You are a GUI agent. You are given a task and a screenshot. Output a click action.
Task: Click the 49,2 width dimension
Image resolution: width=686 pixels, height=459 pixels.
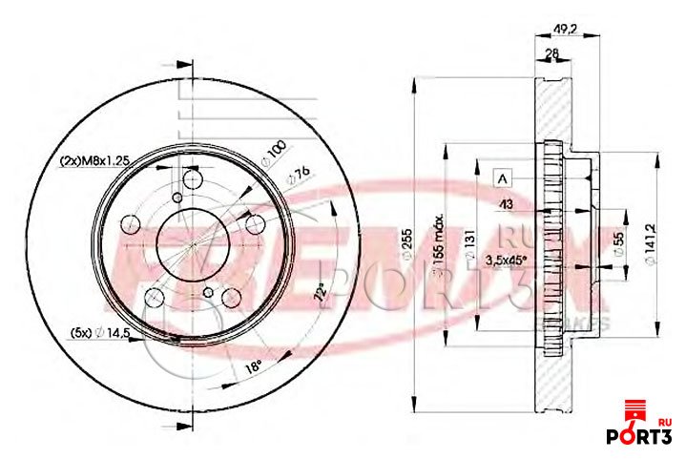566,29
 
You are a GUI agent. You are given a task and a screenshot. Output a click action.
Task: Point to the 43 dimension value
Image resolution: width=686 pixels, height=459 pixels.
507,204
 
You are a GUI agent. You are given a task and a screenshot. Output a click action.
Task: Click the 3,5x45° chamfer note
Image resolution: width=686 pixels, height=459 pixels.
507,259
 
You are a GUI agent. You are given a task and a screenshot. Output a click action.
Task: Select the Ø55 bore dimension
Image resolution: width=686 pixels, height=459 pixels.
618,240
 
